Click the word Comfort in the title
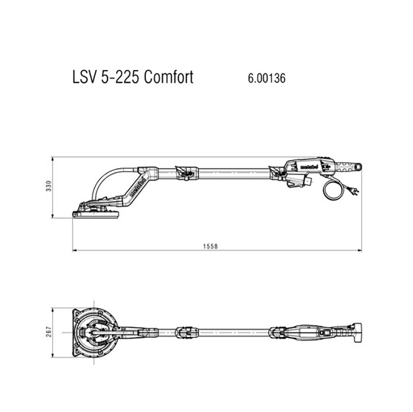click(169, 77)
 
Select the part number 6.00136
click(266, 78)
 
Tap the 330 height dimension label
click(49, 186)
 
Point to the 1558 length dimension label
click(211, 246)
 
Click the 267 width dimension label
click(49, 332)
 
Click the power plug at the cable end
click(354, 191)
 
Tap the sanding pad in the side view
click(96, 214)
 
